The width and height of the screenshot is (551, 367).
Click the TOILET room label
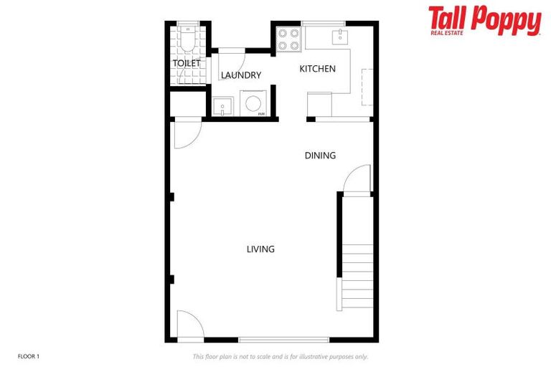[x=186, y=64]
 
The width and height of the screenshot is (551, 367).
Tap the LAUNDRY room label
[x=240, y=75]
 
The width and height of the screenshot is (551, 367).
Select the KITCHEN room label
[x=317, y=69]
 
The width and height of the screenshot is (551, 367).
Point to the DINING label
[x=320, y=156]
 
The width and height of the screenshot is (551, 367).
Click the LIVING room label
[x=260, y=249]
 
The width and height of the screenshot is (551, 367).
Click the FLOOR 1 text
[x=29, y=356]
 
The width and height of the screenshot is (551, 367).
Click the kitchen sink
[x=339, y=36]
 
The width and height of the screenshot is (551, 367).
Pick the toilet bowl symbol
[x=187, y=42]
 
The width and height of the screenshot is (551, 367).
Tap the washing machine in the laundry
[x=253, y=104]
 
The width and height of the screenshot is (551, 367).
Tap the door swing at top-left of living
[x=188, y=134]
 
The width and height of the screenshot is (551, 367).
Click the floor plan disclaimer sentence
[x=280, y=356]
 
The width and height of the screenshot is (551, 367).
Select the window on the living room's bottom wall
[x=283, y=340]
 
